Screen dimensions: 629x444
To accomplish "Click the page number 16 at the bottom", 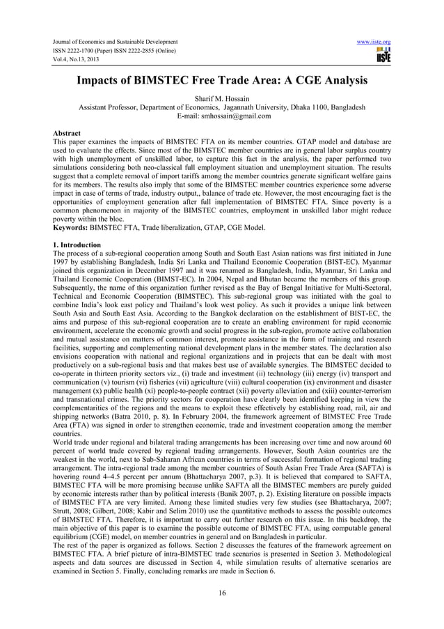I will [x=221, y=593].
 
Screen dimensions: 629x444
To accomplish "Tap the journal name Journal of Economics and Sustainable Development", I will [x=110, y=42].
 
